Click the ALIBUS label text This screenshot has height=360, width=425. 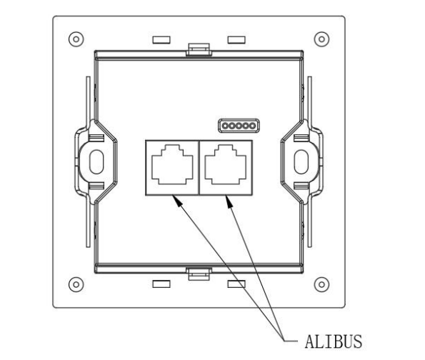334,341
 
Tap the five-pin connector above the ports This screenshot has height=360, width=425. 239,126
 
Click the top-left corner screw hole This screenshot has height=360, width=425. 76,39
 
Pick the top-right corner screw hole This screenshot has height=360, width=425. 321,39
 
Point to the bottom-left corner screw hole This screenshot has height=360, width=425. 76,284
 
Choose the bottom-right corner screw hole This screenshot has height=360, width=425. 321,284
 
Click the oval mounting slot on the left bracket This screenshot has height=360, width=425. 96,162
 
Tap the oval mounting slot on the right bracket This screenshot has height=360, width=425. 301,162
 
